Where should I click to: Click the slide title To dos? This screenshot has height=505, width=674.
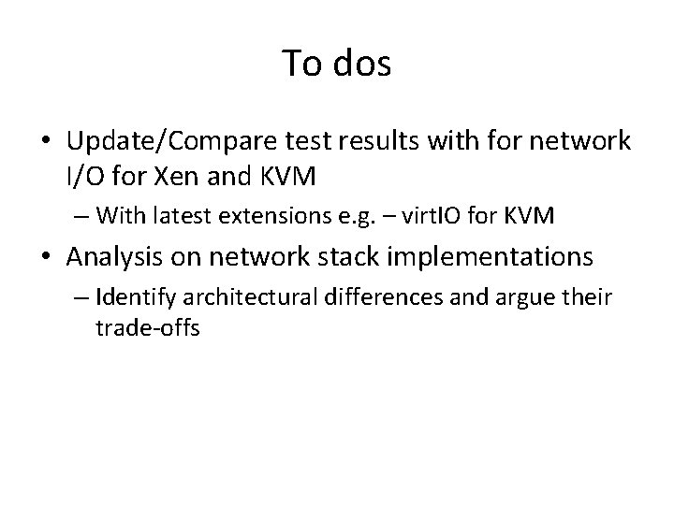[337, 63]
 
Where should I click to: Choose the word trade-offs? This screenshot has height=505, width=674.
[148, 330]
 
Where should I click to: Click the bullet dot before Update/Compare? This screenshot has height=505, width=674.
[47, 143]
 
